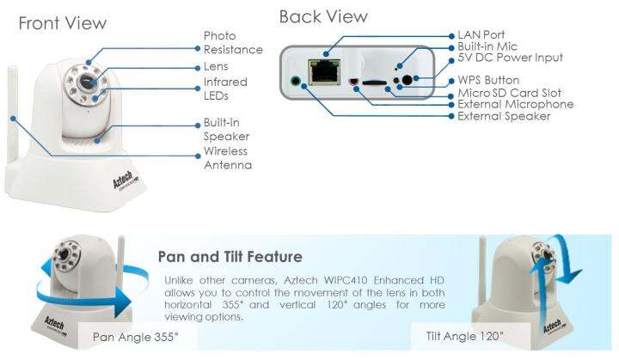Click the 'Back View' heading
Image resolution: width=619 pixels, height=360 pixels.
pyautogui.click(x=322, y=16)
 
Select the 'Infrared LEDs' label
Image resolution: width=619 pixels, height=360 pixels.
pyautogui.click(x=225, y=89)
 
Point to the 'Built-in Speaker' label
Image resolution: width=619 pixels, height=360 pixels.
pyautogui.click(x=227, y=130)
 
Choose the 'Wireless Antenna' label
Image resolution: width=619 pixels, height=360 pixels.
pyautogui.click(x=228, y=158)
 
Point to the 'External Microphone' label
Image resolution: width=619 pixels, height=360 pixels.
pyautogui.click(x=515, y=104)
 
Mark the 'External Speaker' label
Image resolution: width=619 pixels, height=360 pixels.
pyautogui.click(x=504, y=116)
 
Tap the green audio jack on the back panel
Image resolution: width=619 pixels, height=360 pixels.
pyautogui.click(x=297, y=84)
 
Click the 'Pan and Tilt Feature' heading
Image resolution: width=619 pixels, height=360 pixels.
pyautogui.click(x=230, y=257)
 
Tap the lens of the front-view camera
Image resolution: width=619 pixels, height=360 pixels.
pyautogui.click(x=86, y=82)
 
